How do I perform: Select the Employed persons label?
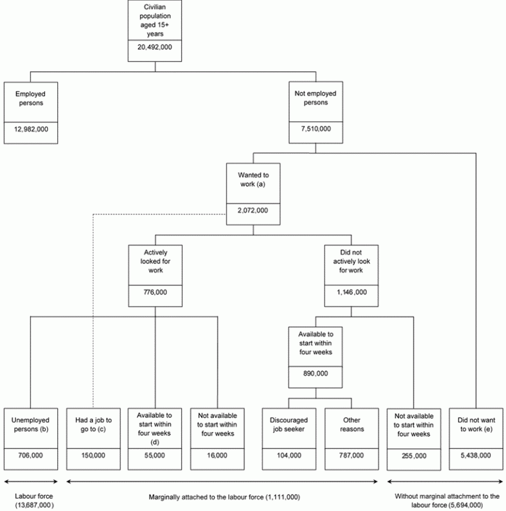[x=30, y=99]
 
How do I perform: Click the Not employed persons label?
[x=316, y=99]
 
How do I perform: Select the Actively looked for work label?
[x=156, y=261]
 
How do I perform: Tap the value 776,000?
[x=156, y=293]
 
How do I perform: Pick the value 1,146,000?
[x=351, y=293]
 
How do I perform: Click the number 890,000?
[x=316, y=374]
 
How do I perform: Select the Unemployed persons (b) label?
[x=30, y=424]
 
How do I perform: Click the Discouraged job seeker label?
[x=289, y=424]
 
